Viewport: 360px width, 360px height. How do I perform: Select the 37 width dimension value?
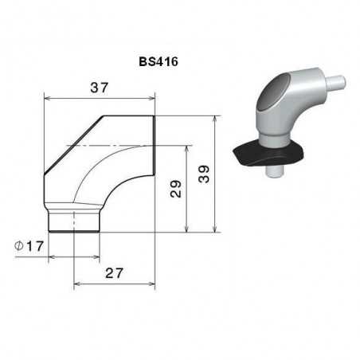point(99,88)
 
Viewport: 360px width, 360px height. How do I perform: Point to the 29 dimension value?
point(177,189)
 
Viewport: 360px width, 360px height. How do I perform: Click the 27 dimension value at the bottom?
point(115,273)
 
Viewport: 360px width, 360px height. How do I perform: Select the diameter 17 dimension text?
point(33,247)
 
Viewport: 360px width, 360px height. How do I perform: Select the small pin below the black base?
point(273,170)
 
